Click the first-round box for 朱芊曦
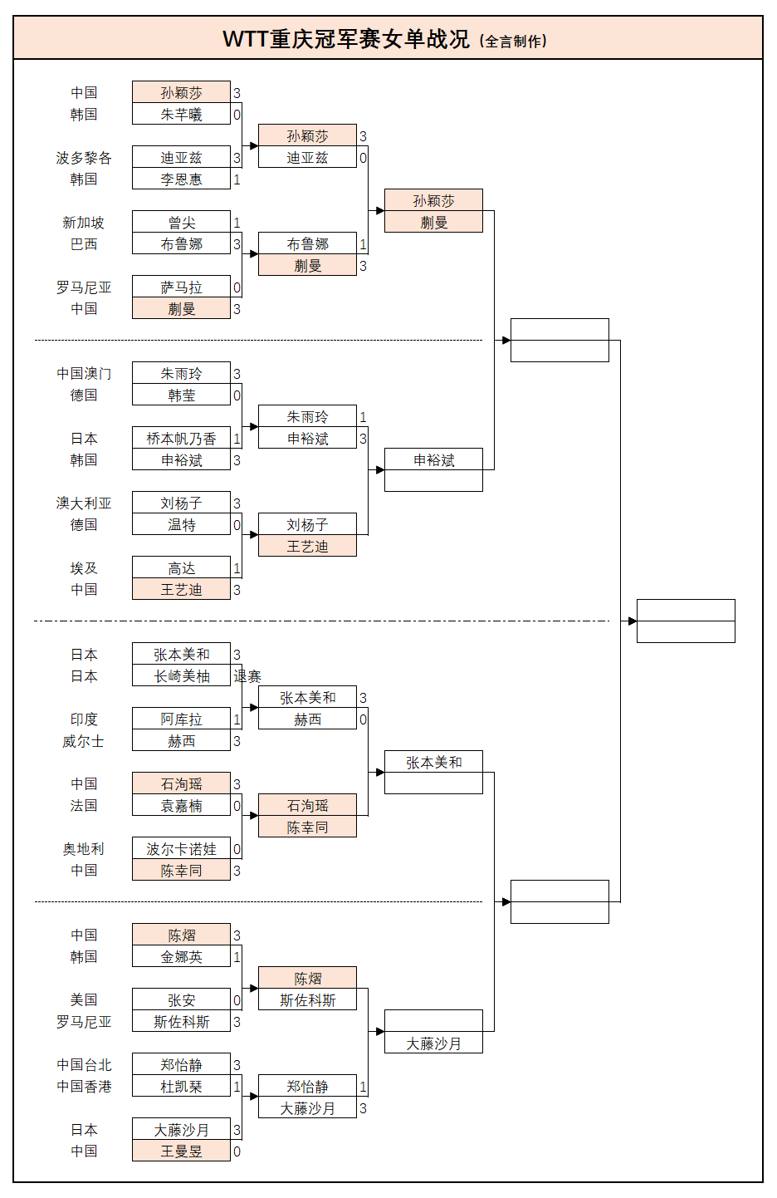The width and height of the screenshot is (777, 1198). (x=181, y=115)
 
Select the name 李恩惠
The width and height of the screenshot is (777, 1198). (x=181, y=179)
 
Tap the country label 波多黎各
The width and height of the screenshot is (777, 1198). (x=83, y=158)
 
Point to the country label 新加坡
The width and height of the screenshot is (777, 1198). (x=83, y=223)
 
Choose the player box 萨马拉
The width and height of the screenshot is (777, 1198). (x=181, y=287)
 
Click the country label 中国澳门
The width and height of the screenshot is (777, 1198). (x=83, y=374)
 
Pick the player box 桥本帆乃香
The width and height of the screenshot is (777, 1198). (x=181, y=439)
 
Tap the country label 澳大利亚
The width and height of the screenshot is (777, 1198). (x=83, y=503)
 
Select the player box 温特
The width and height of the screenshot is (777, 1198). (x=181, y=525)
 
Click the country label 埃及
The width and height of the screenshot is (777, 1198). (x=83, y=568)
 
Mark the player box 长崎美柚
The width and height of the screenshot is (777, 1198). (x=181, y=676)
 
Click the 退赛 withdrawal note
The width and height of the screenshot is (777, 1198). (x=247, y=676)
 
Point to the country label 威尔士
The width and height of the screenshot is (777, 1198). (x=83, y=741)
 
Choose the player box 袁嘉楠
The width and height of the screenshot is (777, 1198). (x=181, y=806)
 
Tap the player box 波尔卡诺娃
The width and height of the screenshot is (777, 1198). (x=181, y=849)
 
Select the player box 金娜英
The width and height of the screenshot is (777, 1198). (x=181, y=957)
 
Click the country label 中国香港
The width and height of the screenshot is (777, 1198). (x=83, y=1087)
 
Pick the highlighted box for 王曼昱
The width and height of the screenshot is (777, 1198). (x=181, y=1151)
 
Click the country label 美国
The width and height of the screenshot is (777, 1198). (x=83, y=1000)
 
